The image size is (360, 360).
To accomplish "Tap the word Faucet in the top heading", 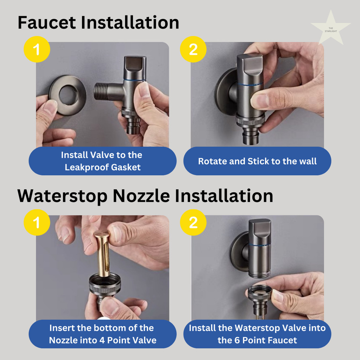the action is pos(47,22).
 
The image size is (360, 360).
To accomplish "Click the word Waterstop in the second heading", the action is pos(62,196).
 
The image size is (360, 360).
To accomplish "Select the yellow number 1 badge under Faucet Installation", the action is pos(37,49).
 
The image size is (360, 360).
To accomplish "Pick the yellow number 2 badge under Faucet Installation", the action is pos(193,49).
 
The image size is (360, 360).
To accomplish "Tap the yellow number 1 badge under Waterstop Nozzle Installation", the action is pos(37,222).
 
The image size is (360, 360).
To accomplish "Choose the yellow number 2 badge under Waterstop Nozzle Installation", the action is pos(193,222).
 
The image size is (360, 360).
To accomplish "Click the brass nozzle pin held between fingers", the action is pos(103,253).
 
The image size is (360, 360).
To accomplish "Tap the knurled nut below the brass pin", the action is pos(105,285).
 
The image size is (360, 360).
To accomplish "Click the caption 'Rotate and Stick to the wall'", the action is pos(257,161).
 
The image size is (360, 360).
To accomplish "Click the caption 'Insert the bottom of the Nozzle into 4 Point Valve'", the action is pos(102,334).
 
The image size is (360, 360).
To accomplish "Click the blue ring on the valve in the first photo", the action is pos(134,80).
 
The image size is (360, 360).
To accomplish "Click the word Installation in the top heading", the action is pos(130,22).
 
